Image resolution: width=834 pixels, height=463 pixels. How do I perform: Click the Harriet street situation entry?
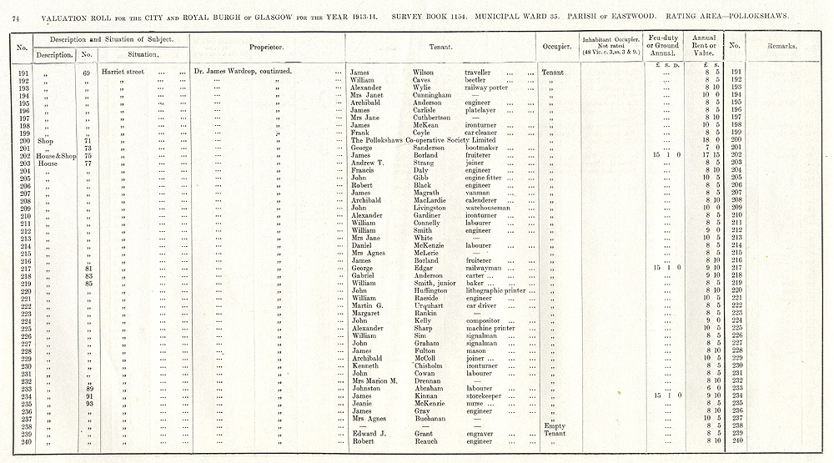point(123,73)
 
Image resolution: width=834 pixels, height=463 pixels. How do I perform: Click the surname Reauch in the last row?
point(427,440)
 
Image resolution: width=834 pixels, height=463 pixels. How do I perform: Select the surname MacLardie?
point(432,200)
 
